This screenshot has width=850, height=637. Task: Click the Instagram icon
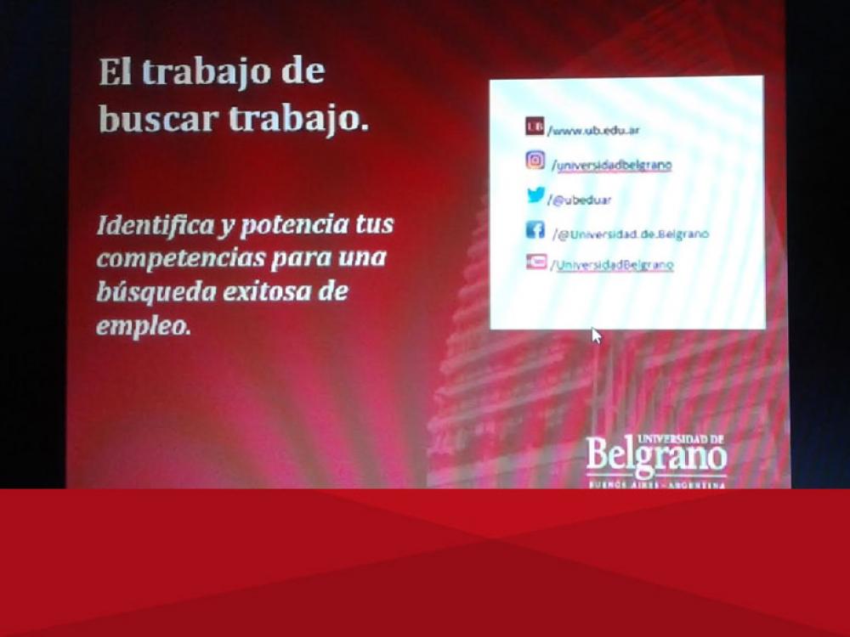[x=535, y=160]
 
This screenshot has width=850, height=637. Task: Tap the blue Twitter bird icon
[x=535, y=195]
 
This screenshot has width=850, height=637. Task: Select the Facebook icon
[x=535, y=229]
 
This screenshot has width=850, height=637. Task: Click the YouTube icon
[x=535, y=262]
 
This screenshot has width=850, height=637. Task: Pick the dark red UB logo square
[x=535, y=127]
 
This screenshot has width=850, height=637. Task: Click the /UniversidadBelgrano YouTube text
[x=612, y=265]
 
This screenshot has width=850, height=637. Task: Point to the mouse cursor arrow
[x=596, y=335]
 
